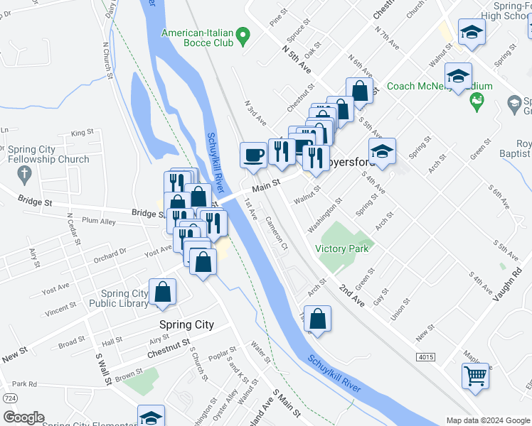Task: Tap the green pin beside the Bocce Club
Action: point(243,35)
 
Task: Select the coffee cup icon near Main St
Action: point(252,155)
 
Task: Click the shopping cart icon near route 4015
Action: point(475,375)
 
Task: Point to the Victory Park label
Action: point(341,249)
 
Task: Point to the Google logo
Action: point(23,417)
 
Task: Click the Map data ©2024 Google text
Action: point(487,420)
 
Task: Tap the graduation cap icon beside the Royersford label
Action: point(382,151)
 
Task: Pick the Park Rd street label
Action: point(24,384)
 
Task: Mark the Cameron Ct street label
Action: point(276,234)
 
